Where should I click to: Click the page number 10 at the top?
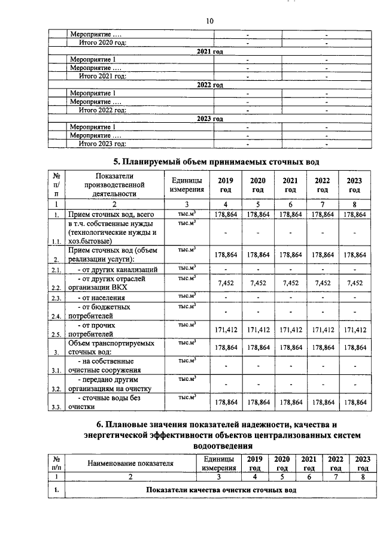pyautogui.click(x=209, y=21)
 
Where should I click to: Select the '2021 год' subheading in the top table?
pyautogui.click(x=209, y=52)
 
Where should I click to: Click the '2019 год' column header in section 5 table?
pyautogui.click(x=225, y=185)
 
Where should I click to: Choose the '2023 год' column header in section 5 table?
pyautogui.click(x=354, y=185)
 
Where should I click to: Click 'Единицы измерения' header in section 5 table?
pyautogui.click(x=186, y=185)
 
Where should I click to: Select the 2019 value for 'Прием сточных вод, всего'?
pyautogui.click(x=225, y=214)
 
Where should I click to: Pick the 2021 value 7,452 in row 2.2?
pyautogui.click(x=290, y=283)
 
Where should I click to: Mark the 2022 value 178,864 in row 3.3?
pyautogui.click(x=322, y=403)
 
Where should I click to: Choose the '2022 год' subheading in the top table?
pyautogui.click(x=209, y=85)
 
